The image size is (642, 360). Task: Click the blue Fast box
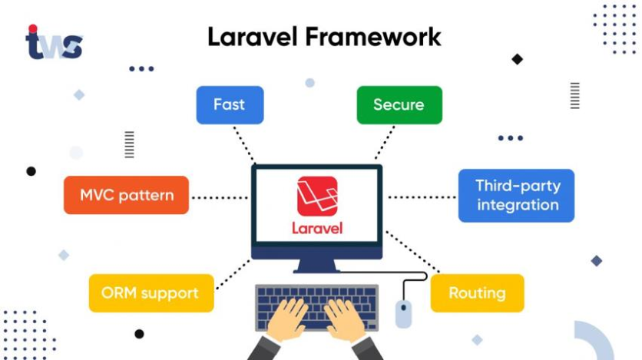click(x=230, y=104)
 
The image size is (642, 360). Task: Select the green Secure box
click(x=399, y=104)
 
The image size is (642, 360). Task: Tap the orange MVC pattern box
click(x=126, y=195)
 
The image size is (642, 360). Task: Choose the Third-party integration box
click(x=516, y=195)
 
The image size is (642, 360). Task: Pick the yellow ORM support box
click(x=151, y=293)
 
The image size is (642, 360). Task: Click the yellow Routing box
click(x=477, y=293)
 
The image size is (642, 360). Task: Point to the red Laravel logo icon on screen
click(x=317, y=197)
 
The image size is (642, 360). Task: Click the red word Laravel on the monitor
click(x=317, y=228)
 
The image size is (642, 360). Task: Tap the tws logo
click(x=54, y=43)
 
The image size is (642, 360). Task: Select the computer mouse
click(x=403, y=313)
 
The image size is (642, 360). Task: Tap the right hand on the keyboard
click(x=345, y=319)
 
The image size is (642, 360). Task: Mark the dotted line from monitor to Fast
click(x=243, y=144)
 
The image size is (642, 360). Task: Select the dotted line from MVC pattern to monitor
click(x=220, y=197)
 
